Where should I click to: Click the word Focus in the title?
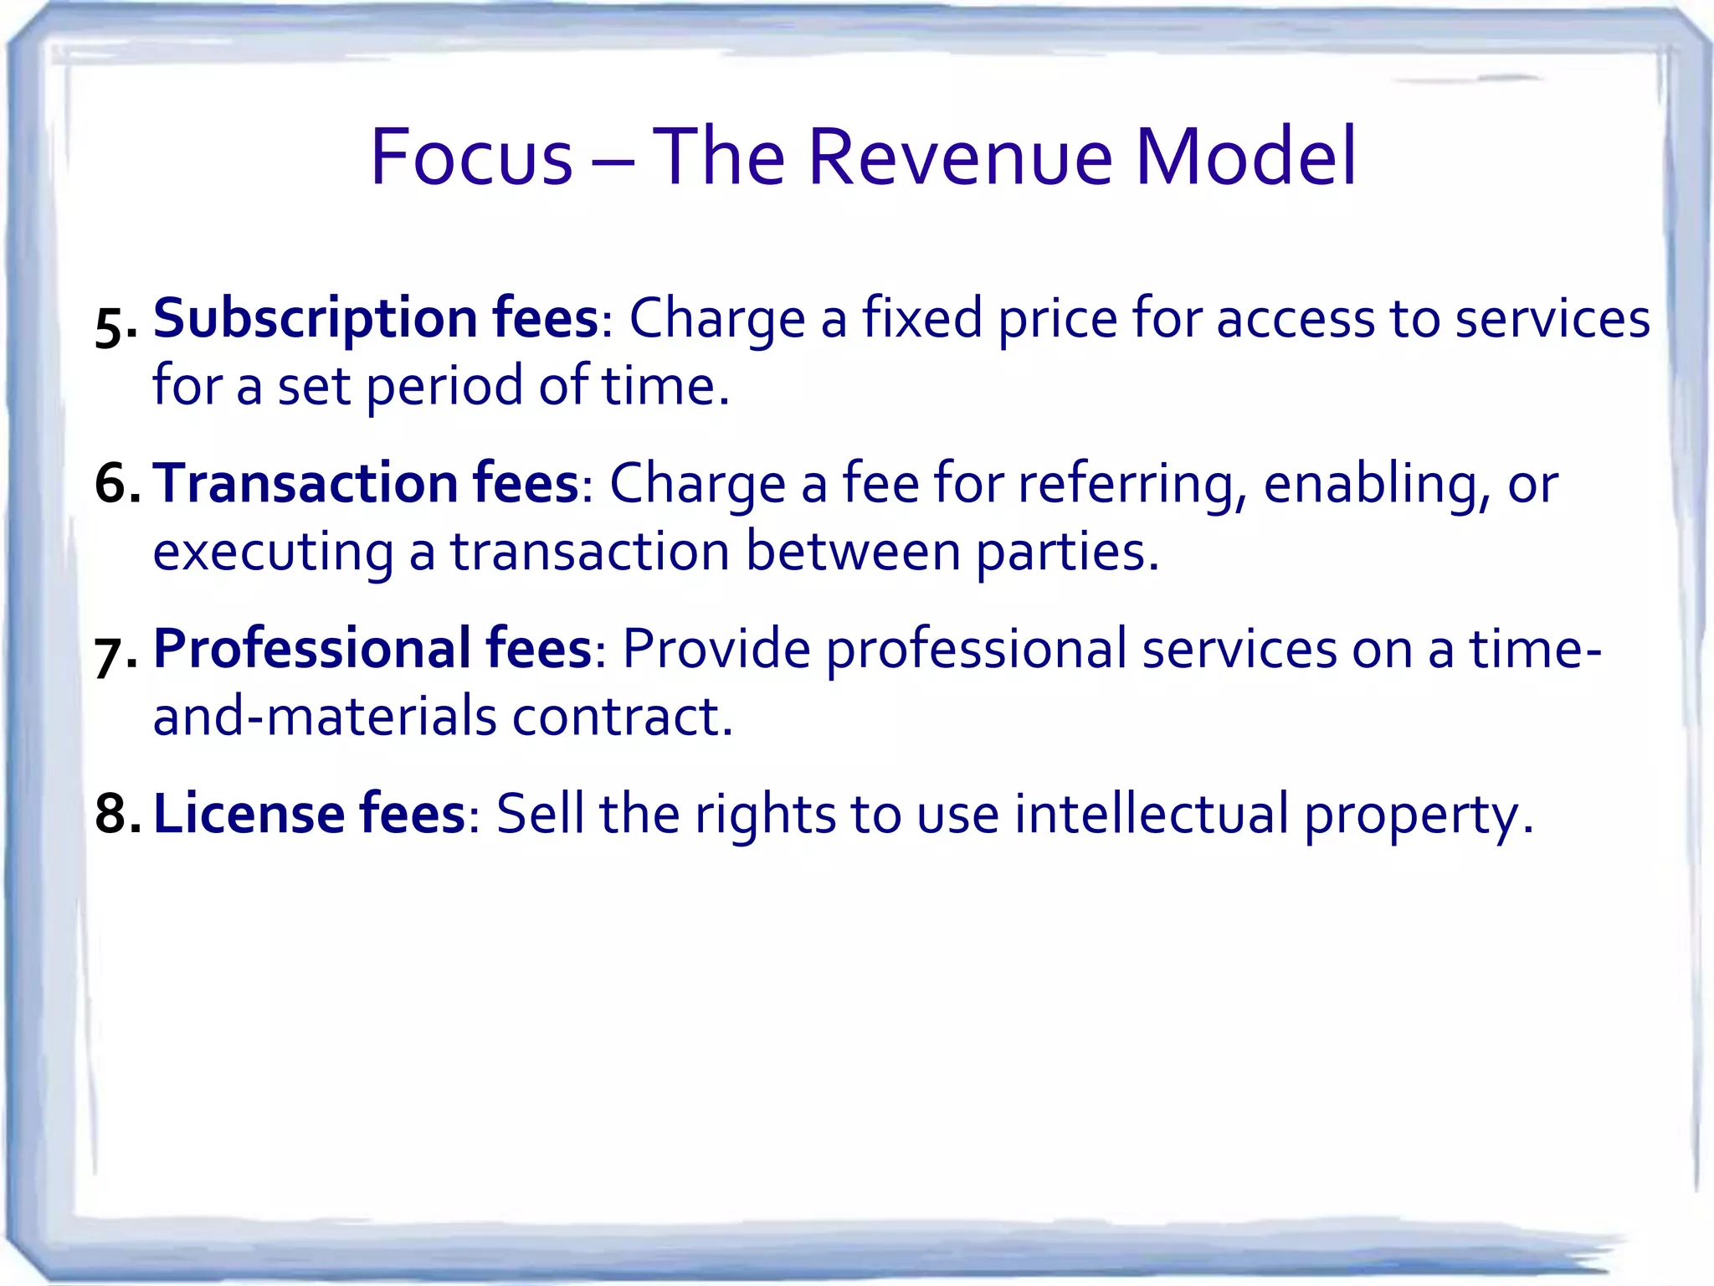point(471,157)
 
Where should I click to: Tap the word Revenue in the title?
point(960,157)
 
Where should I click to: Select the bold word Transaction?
point(307,484)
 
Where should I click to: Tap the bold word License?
point(249,814)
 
